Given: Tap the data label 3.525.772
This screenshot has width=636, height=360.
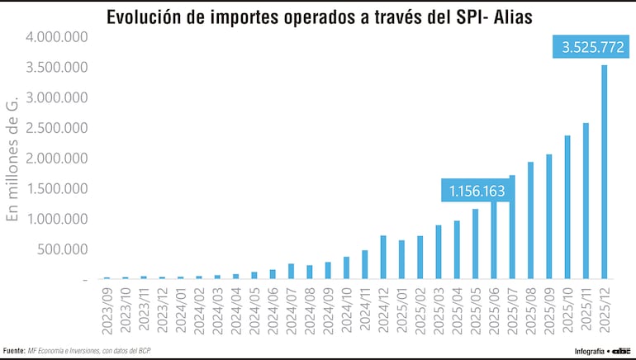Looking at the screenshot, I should tap(592, 48).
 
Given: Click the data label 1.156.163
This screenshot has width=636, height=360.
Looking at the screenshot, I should tap(477, 191).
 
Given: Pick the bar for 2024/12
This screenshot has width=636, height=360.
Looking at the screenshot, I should tap(383, 258).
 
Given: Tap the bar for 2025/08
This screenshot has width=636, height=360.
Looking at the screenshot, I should tap(530, 220).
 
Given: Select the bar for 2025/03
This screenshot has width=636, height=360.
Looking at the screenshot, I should tap(439, 252).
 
